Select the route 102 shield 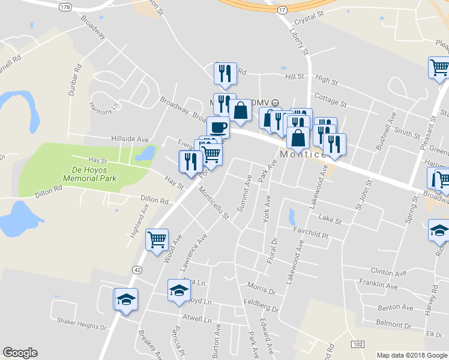358,344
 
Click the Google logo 19,353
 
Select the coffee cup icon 218,128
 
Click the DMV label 259,102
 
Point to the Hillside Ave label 130,139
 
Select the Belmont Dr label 394,325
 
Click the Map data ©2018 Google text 411,355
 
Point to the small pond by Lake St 292,215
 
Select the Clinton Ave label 384,271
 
